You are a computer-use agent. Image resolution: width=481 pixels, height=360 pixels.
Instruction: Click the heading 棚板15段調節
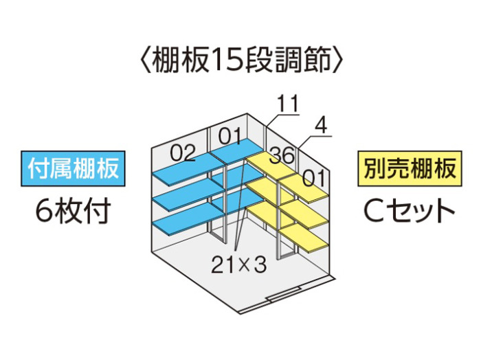tap(242, 60)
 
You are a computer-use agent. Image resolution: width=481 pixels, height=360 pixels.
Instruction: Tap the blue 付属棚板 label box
tap(73, 168)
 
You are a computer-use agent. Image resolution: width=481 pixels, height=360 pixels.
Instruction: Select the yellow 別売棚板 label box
tap(410, 168)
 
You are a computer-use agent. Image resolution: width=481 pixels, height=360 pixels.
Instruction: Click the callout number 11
tap(288, 104)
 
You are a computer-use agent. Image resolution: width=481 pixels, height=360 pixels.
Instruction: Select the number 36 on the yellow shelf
tap(282, 155)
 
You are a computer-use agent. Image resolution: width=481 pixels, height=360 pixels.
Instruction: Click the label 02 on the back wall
tap(183, 153)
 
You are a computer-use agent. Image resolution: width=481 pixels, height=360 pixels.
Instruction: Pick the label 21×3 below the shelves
tap(238, 265)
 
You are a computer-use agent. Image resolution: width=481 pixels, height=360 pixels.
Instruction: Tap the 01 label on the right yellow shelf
tap(313, 178)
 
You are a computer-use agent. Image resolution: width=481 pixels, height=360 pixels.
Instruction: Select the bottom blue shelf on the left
tap(187, 220)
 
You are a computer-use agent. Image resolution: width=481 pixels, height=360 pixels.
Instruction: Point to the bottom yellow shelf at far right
tap(304, 236)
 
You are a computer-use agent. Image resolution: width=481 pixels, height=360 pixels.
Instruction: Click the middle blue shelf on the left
tap(187, 195)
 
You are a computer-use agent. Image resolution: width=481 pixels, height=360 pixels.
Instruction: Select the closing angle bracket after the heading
tap(338, 60)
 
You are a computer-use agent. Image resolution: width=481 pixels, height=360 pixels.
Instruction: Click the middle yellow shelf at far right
tap(304, 214)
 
